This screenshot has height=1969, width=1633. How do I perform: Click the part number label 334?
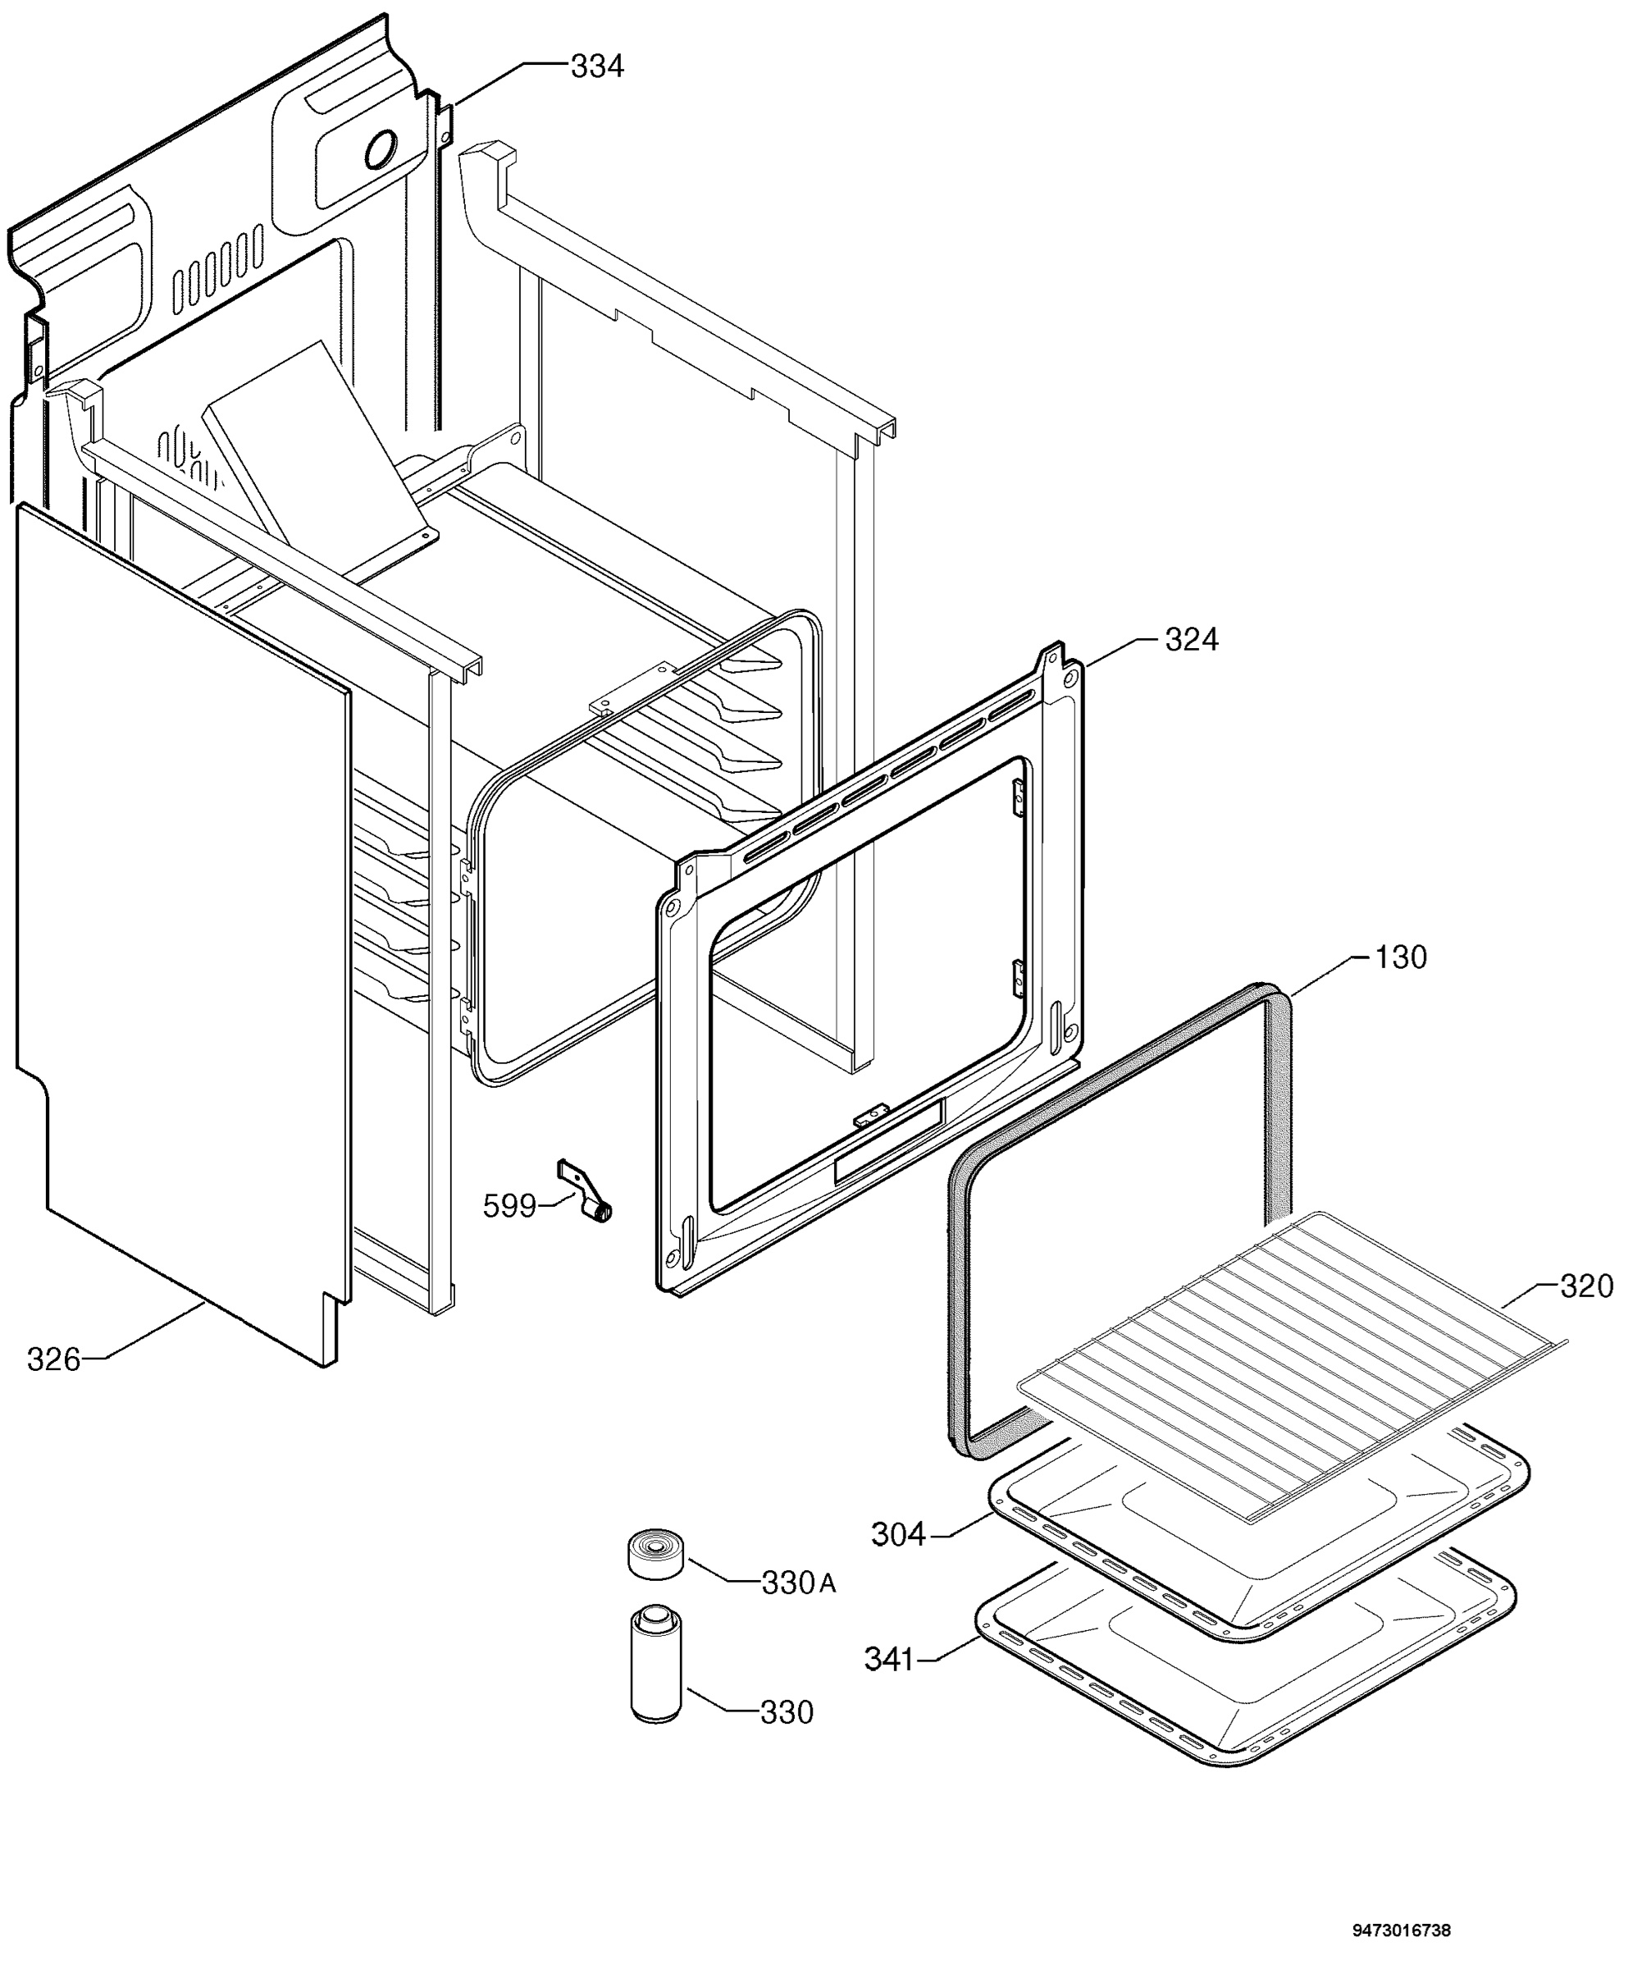click(x=597, y=66)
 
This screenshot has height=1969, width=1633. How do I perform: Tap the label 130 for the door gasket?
click(x=1401, y=957)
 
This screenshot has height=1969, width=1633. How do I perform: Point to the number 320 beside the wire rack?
click(x=1586, y=1286)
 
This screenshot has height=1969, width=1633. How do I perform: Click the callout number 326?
click(x=54, y=1359)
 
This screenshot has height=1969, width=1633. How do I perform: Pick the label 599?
click(x=509, y=1206)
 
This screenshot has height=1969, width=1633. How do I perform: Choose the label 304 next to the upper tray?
click(x=898, y=1535)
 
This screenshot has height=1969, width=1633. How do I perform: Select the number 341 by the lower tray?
click(x=889, y=1660)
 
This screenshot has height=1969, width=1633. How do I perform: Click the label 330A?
click(x=799, y=1583)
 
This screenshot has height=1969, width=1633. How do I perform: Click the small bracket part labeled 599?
click(x=585, y=1190)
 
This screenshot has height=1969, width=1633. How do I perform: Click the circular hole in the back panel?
click(x=381, y=149)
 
